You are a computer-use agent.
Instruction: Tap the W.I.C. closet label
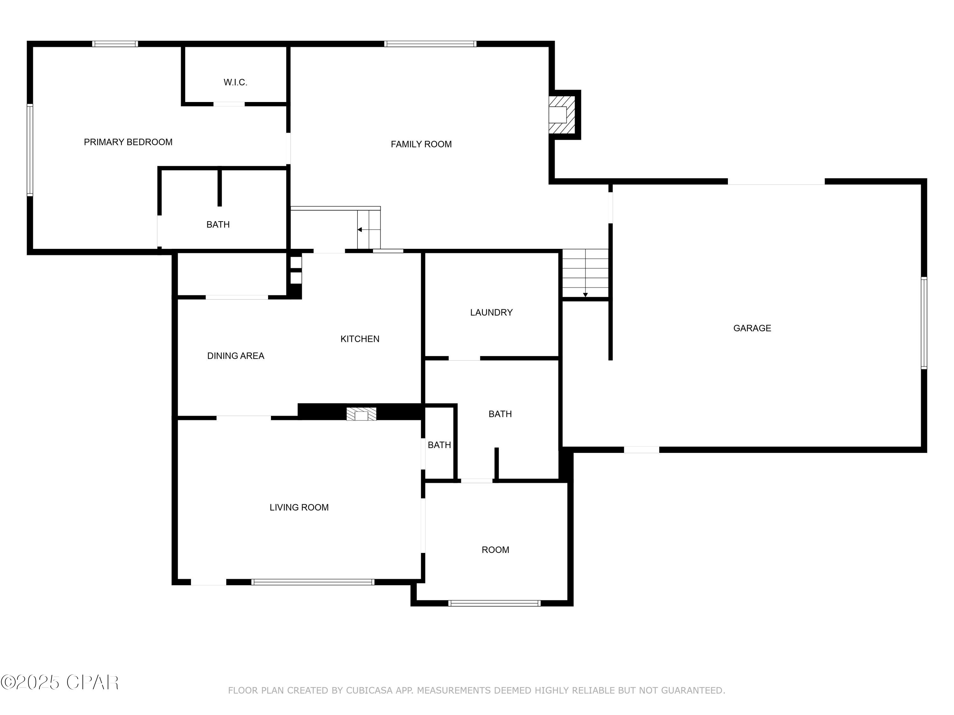coord(236,82)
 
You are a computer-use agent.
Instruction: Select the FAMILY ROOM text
coord(421,144)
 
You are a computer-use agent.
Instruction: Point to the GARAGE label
coord(752,328)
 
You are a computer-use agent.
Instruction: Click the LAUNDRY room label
coord(491,312)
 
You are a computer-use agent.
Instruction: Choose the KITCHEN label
coord(360,339)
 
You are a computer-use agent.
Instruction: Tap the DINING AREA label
coord(236,356)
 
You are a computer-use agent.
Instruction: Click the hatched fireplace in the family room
coord(562,115)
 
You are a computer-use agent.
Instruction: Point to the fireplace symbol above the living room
coord(362,414)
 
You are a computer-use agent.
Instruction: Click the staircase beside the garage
coord(585,273)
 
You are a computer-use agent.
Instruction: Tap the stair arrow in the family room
coord(369,230)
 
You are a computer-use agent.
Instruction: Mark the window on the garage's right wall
coord(924,323)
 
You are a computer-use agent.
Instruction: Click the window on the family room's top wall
coord(431,44)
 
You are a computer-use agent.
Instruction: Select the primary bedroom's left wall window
coord(30,150)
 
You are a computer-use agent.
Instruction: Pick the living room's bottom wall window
coord(313,582)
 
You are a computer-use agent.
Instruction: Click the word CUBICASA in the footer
coord(370,691)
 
